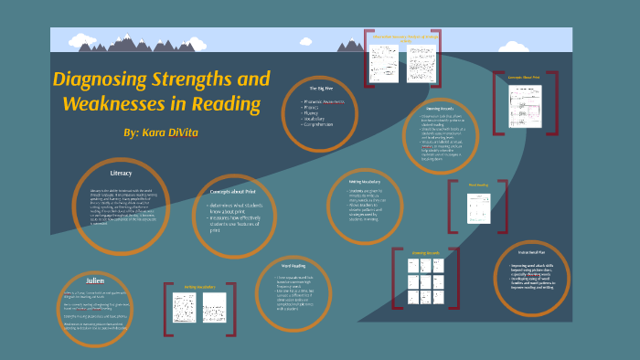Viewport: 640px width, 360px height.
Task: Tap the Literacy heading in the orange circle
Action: tap(121, 172)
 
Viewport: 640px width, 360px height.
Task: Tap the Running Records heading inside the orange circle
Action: tap(447, 107)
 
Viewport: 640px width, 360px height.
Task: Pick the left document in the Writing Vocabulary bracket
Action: tap(186, 305)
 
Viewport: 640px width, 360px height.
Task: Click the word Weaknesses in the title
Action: tap(115, 103)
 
